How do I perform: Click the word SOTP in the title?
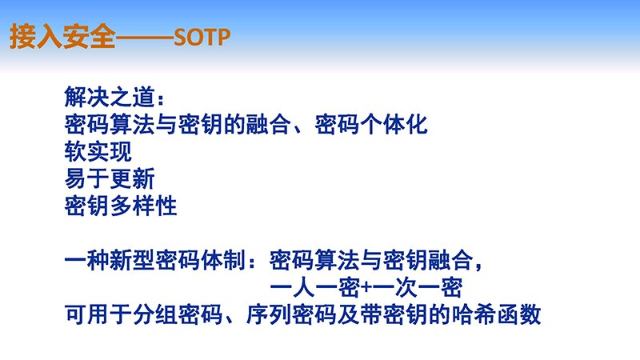pyautogui.click(x=202, y=38)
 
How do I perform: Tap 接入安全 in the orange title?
pyautogui.click(x=63, y=37)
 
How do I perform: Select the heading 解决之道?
pyautogui.click(x=110, y=98)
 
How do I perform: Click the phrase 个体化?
pyautogui.click(x=394, y=125)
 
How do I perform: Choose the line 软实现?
pyautogui.click(x=98, y=151)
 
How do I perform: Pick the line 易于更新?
pyautogui.click(x=110, y=178)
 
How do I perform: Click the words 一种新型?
pyautogui.click(x=110, y=260)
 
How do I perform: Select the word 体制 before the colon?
pyautogui.click(x=223, y=260)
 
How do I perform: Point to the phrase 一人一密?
pyautogui.click(x=315, y=287)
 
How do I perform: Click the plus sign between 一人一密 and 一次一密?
pyautogui.click(x=366, y=288)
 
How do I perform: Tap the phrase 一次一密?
pyautogui.click(x=417, y=287)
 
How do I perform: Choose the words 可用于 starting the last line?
pyautogui.click(x=98, y=314)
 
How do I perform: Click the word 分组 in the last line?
pyautogui.click(x=154, y=314)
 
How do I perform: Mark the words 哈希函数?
pyautogui.click(x=495, y=314)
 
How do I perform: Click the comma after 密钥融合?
pyautogui.click(x=478, y=266)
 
